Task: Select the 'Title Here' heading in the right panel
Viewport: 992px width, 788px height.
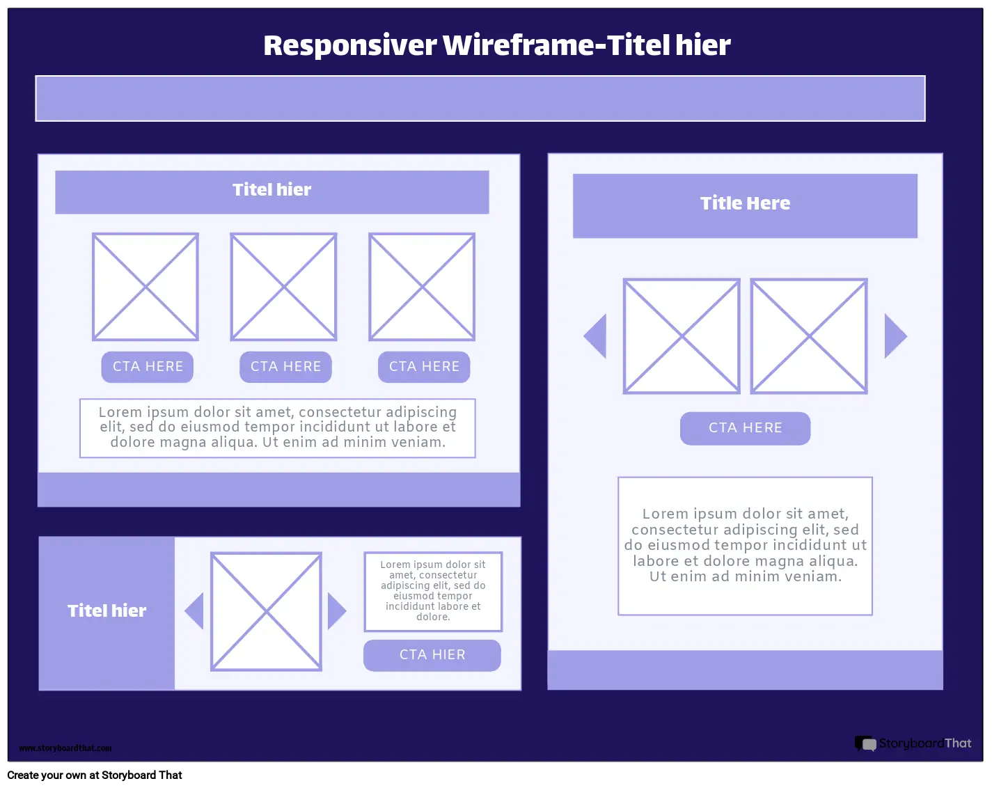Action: click(x=745, y=203)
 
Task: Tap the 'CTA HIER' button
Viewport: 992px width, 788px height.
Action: click(x=432, y=655)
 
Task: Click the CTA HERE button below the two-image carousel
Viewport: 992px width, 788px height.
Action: click(x=745, y=428)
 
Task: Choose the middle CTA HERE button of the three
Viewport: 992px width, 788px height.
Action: click(x=285, y=367)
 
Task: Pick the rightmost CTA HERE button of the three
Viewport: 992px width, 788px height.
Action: click(x=424, y=367)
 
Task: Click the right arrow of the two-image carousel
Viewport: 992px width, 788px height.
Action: click(x=895, y=336)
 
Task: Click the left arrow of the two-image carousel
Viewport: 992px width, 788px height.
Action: click(x=596, y=336)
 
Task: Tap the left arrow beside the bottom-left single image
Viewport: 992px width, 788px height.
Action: click(x=194, y=611)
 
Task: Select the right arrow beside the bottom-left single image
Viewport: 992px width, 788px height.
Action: click(x=336, y=611)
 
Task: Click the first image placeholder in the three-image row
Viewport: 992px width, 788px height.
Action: click(x=145, y=287)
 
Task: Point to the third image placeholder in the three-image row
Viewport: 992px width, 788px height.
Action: click(x=422, y=287)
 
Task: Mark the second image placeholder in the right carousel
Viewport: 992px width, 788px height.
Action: click(x=809, y=336)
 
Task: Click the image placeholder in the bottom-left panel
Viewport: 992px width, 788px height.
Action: click(x=266, y=612)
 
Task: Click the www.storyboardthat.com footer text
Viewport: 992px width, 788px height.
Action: click(x=65, y=748)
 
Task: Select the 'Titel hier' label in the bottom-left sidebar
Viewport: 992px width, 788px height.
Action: click(x=107, y=611)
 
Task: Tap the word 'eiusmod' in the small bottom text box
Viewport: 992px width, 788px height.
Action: click(x=411, y=596)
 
